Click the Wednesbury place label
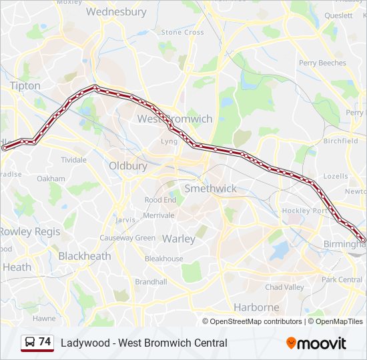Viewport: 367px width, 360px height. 116,12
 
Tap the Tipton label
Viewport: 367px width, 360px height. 25,86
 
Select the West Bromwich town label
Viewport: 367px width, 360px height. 175,119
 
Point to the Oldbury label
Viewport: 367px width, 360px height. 127,165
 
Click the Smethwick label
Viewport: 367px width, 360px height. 210,189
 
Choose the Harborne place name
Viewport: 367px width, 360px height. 256,307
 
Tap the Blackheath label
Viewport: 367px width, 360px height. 85,256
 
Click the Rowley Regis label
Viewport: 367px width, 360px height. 29,231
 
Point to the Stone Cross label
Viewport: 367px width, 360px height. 182,32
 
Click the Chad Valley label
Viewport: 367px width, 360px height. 284,287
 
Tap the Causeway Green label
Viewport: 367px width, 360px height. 127,238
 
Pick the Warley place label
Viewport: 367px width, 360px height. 179,239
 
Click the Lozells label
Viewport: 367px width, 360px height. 334,177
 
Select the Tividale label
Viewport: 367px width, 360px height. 73,160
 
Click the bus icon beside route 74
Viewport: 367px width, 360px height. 29,343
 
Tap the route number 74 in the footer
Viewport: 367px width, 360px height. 45,342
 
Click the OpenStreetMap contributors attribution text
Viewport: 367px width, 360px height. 256,321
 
